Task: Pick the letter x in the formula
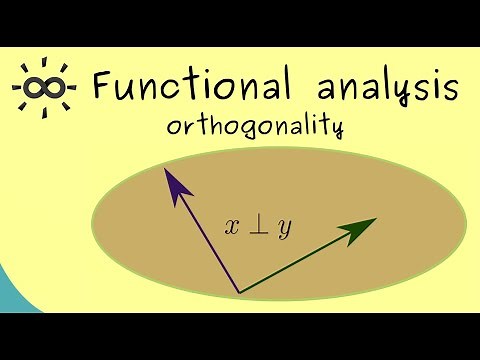[x=233, y=228]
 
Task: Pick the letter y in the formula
[x=285, y=229]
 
